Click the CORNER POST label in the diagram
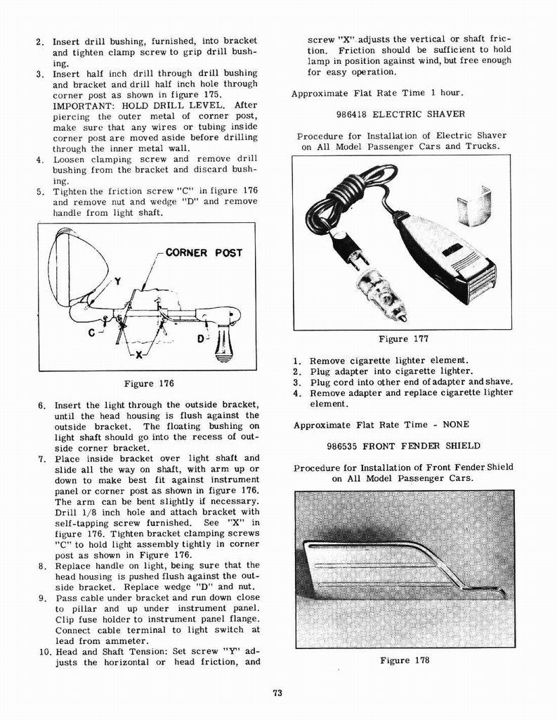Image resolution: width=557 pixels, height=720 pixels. pos(204,252)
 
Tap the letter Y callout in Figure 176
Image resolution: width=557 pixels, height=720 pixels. pos(117,282)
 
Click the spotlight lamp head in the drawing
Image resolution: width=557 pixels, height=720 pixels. pos(77,267)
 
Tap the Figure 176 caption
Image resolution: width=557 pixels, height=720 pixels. pos(148,383)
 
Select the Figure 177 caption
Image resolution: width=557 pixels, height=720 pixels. pos(403,339)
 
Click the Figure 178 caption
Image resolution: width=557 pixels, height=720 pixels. pos(404,660)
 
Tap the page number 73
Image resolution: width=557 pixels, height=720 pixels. pos(277,693)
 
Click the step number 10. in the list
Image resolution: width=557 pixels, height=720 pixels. pos(41,651)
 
